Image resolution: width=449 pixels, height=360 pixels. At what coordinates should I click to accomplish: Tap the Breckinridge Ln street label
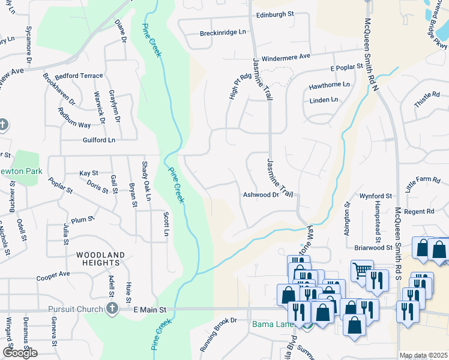224,32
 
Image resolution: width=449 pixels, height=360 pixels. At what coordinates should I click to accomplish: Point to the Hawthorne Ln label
329,86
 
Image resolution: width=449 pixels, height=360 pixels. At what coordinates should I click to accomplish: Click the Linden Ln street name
324,100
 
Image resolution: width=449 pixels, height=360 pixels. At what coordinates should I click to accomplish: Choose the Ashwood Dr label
261,195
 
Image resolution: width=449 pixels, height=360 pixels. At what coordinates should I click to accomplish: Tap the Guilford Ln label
98,140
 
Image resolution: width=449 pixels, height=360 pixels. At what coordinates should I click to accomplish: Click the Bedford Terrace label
79,76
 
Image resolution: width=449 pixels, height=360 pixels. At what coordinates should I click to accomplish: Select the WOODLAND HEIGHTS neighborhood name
101,259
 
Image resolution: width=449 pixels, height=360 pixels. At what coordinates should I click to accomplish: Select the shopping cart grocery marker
361,271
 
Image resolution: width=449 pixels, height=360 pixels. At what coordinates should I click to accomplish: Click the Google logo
20,353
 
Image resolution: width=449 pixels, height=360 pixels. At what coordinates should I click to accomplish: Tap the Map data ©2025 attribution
423,355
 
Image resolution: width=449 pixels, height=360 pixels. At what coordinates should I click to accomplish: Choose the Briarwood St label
373,247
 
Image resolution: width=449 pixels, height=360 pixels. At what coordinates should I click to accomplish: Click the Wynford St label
376,196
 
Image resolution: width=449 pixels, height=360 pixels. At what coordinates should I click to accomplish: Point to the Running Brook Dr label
218,334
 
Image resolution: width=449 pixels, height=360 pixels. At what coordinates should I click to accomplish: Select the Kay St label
88,173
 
